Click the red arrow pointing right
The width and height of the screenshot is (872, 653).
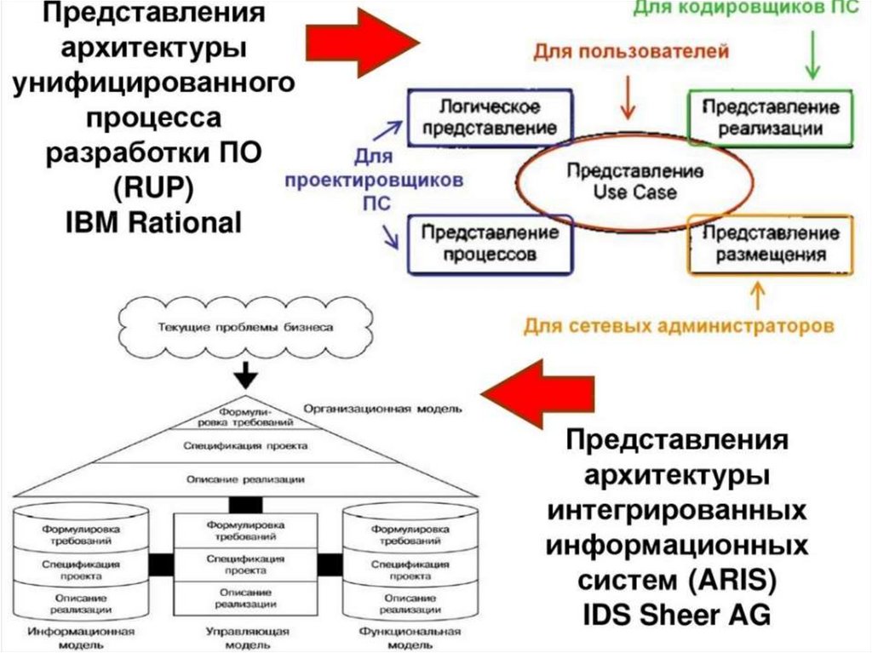pos(363,43)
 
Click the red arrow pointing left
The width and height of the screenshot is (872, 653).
pos(538,394)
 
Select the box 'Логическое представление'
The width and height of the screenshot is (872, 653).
pos(490,118)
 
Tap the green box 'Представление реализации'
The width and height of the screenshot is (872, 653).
pos(770,118)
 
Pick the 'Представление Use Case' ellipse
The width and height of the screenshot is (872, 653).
pos(634,181)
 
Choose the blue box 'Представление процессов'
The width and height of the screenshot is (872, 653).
pos(490,244)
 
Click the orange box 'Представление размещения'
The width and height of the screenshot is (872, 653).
pos(770,244)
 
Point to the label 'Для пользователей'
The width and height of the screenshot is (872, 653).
pos(631,52)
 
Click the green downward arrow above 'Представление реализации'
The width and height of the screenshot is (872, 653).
pos(812,54)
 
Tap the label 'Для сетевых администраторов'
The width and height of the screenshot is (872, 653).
pos(679,325)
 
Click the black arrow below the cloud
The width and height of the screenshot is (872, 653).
pos(245,375)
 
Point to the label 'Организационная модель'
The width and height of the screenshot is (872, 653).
pos(382,409)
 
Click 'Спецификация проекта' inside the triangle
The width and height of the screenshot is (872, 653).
pos(245,445)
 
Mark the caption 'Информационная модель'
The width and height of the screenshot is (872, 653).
pos(81,639)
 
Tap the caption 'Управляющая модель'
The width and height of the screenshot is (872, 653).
pos(245,639)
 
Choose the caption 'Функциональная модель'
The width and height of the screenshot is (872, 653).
pos(410,639)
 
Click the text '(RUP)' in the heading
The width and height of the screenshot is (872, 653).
pos(153,187)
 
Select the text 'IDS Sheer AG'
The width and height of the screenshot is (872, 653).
pos(677,615)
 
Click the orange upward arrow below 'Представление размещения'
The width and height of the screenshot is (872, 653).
pos(758,296)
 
